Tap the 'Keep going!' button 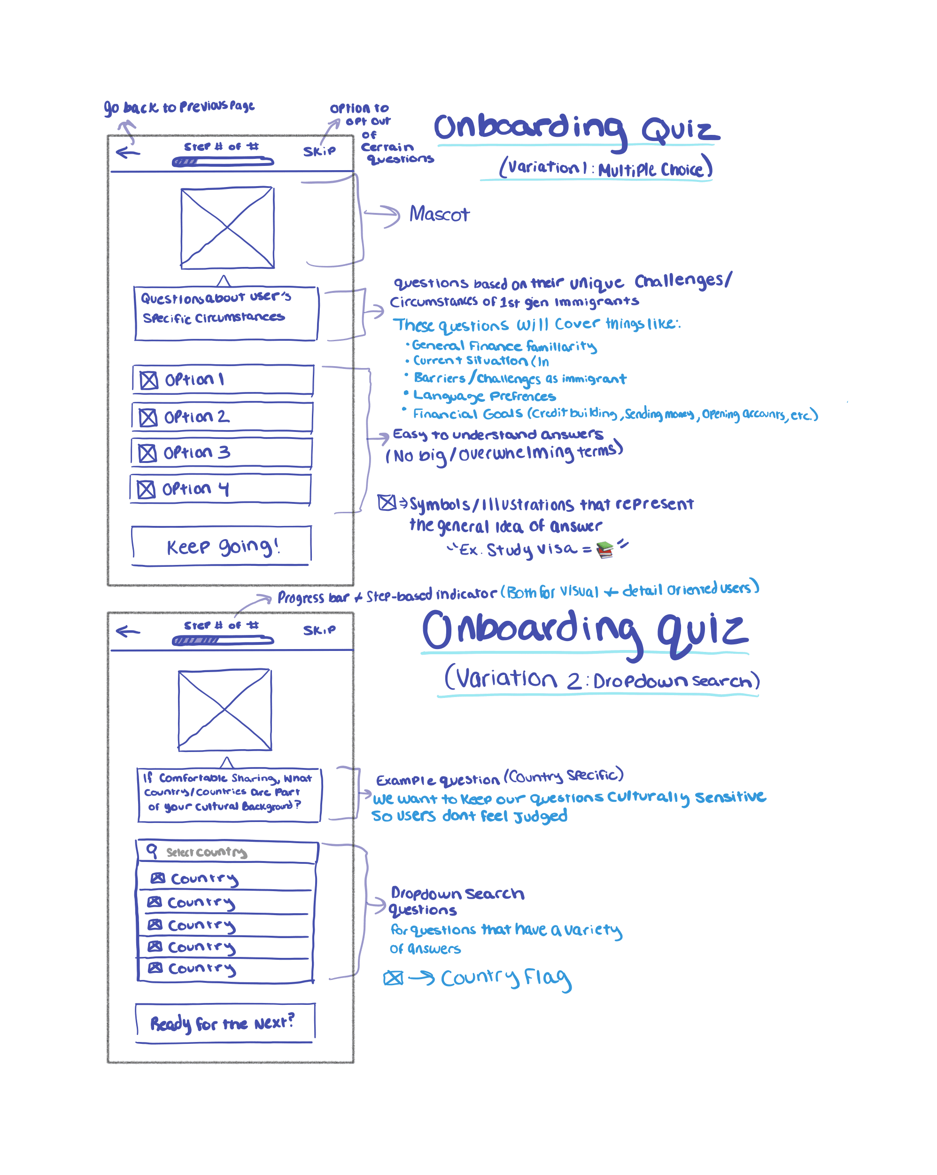(221, 546)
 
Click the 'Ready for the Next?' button (224, 1022)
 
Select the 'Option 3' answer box (221, 452)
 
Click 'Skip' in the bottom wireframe (319, 630)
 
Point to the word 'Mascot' (439, 214)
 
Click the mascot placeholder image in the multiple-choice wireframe (227, 228)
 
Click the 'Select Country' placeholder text (207, 852)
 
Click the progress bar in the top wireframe (222, 161)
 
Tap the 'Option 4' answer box (220, 489)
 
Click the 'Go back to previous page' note (179, 106)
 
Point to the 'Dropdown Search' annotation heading (457, 893)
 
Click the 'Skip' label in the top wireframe (319, 151)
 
